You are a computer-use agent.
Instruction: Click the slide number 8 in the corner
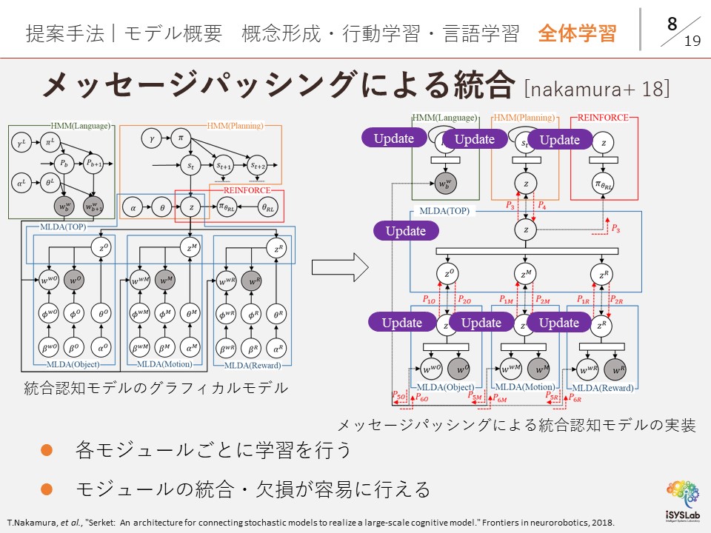(672, 24)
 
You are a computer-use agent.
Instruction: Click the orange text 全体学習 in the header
(577, 33)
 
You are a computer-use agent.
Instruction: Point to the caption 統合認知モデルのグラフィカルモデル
(156, 387)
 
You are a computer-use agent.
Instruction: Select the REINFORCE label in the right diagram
(603, 117)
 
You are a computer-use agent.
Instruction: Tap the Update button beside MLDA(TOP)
(406, 231)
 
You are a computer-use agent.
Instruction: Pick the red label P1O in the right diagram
(430, 300)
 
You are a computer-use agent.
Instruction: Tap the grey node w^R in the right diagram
(615, 368)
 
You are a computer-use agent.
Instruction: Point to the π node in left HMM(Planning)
(180, 138)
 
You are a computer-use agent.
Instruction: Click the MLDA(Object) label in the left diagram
(72, 364)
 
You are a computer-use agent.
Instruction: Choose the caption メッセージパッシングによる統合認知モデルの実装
(516, 425)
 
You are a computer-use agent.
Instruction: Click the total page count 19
(692, 41)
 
